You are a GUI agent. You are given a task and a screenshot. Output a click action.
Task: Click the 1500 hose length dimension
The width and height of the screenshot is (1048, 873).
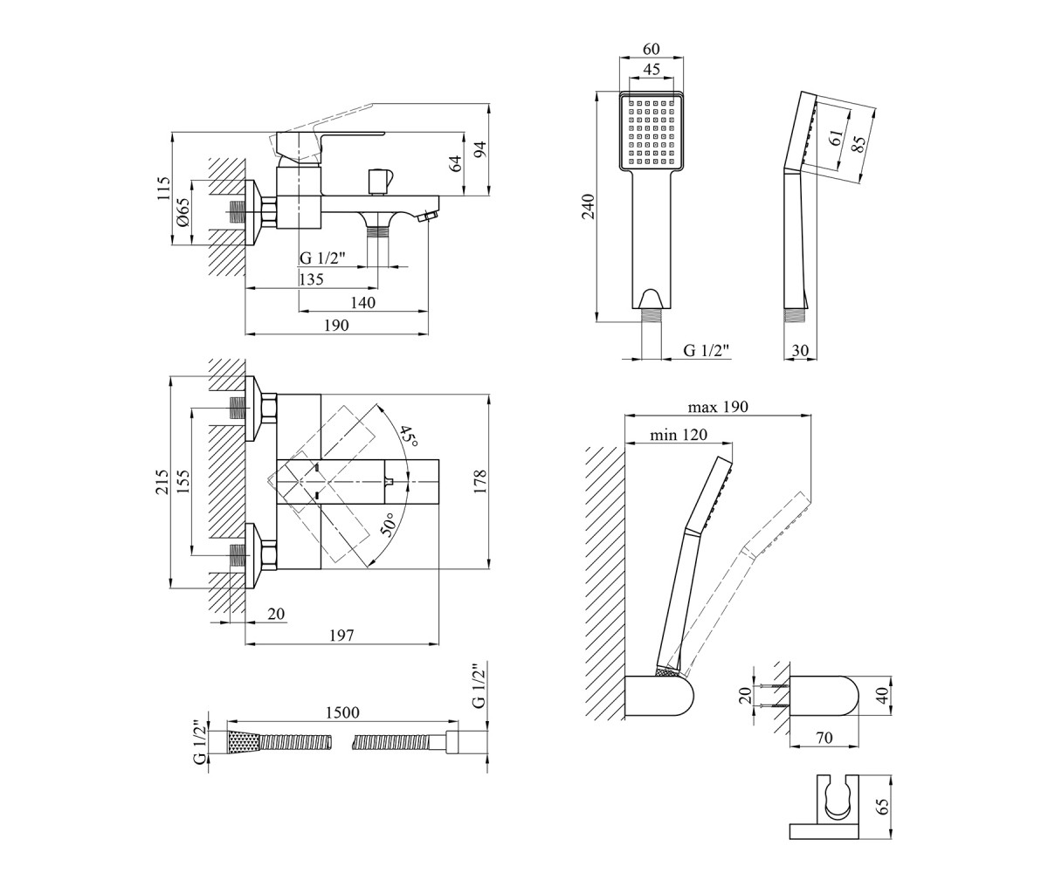point(342,712)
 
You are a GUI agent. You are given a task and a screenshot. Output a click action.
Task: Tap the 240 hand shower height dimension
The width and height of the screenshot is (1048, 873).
point(588,206)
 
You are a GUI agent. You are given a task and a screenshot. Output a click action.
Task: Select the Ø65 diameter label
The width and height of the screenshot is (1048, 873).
point(183,212)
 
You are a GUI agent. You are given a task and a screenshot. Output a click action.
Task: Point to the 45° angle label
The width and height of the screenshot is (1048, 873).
point(409,436)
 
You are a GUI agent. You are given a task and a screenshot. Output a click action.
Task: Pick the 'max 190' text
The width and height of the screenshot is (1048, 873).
point(718,407)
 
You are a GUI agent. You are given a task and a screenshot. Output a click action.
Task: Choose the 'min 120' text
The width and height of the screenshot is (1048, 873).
point(679,435)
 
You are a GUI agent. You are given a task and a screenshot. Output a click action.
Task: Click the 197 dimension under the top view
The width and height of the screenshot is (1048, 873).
point(341,636)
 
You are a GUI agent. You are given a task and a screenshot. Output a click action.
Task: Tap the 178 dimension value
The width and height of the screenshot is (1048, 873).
point(480,482)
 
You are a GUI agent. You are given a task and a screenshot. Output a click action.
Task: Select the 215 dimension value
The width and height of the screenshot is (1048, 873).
point(162,482)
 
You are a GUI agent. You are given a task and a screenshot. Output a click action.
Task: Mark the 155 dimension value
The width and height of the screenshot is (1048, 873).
point(183,482)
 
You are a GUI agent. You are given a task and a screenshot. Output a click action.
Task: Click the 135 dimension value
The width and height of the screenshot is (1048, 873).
point(311,279)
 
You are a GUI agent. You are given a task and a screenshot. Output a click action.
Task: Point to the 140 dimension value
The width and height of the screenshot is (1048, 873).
point(363,302)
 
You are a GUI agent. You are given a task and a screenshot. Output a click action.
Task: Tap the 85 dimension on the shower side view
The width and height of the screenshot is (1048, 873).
point(859,145)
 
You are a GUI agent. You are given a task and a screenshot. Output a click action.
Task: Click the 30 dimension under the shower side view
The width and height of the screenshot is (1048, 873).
point(800,350)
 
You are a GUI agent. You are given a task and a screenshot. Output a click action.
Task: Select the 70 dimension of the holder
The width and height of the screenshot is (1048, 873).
point(824,738)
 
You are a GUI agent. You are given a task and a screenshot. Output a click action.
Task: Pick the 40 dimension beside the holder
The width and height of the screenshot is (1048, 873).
point(883,695)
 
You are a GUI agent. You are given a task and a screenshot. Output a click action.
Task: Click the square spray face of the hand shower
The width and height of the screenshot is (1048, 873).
point(652,133)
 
